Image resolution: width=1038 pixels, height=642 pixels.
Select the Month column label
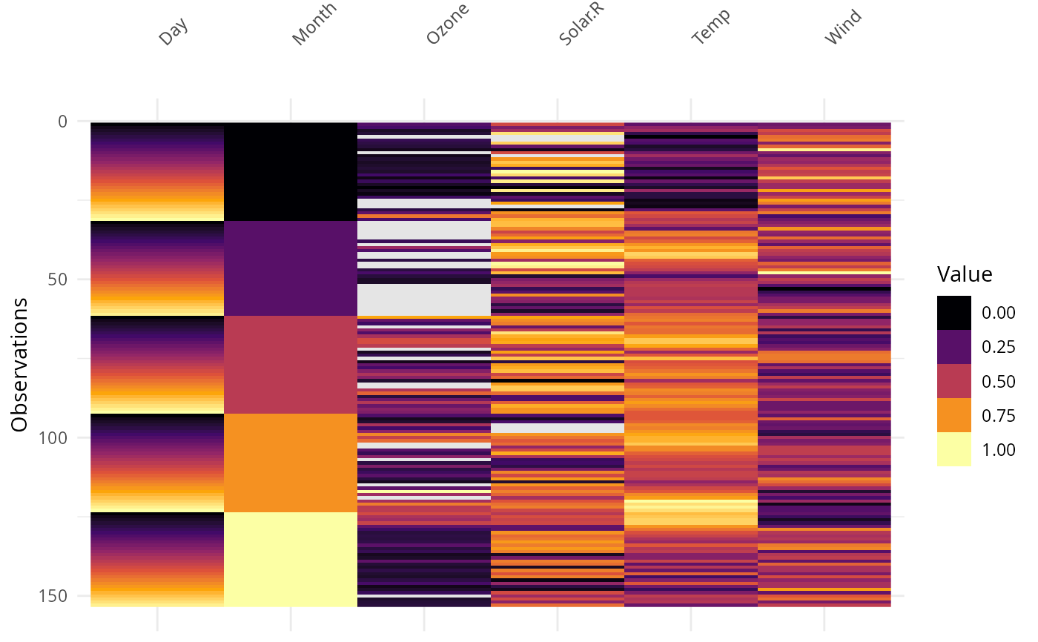314,24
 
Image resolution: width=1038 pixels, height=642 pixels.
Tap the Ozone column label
448,24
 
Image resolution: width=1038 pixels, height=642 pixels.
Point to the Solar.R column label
579,23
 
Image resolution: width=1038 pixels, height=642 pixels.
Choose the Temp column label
710,27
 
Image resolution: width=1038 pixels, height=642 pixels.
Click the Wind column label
844,27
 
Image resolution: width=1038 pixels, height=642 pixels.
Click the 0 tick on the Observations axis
62,121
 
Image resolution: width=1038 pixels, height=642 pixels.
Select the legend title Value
965,275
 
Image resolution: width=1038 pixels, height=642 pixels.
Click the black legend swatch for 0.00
953,313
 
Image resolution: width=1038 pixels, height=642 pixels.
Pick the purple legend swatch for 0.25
953,347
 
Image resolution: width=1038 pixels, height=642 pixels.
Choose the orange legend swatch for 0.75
953,415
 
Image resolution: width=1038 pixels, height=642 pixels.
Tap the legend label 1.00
998,450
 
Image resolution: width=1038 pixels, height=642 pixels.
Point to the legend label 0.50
998,382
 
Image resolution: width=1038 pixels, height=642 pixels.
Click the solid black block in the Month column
291,171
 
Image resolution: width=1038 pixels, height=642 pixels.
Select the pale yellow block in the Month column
291,559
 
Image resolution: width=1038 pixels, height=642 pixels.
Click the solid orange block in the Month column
291,463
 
